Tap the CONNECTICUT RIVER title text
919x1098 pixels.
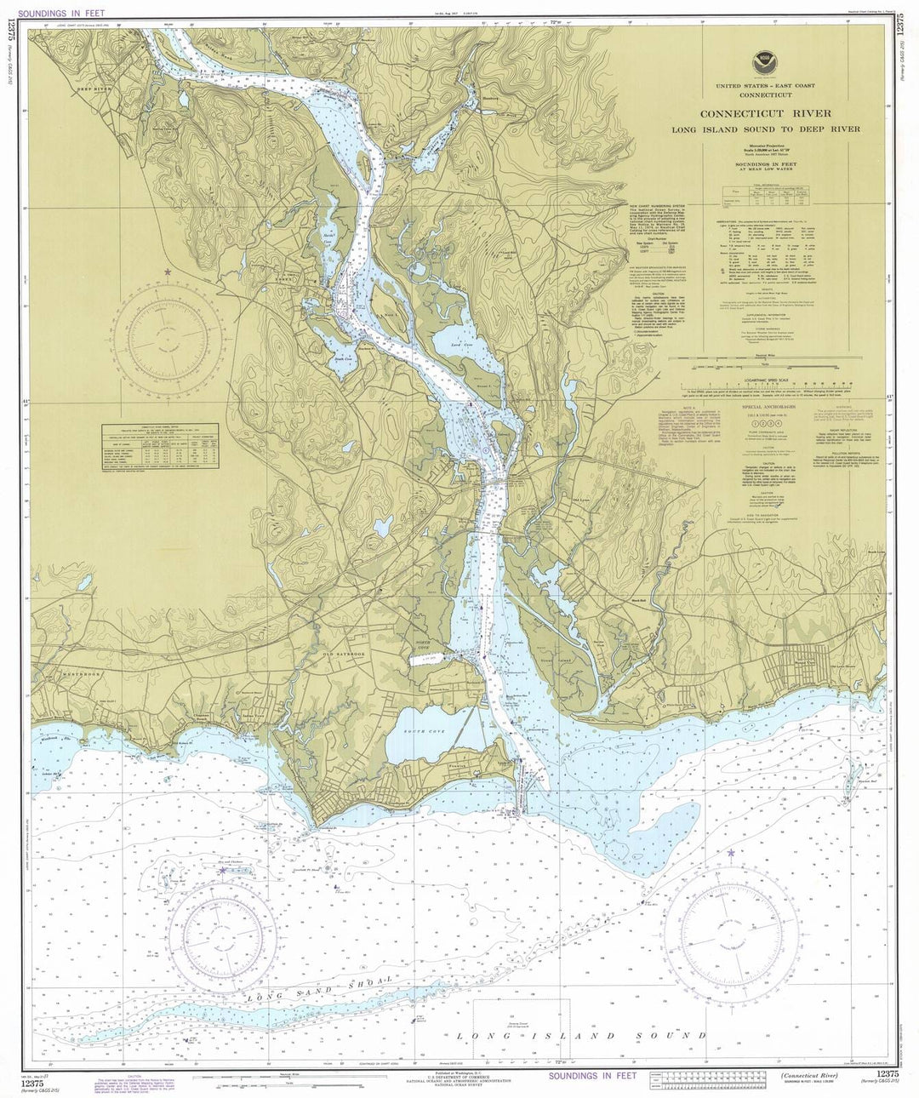click(779, 113)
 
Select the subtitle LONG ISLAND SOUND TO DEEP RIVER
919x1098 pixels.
click(779, 129)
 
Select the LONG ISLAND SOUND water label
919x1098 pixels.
click(581, 1036)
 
